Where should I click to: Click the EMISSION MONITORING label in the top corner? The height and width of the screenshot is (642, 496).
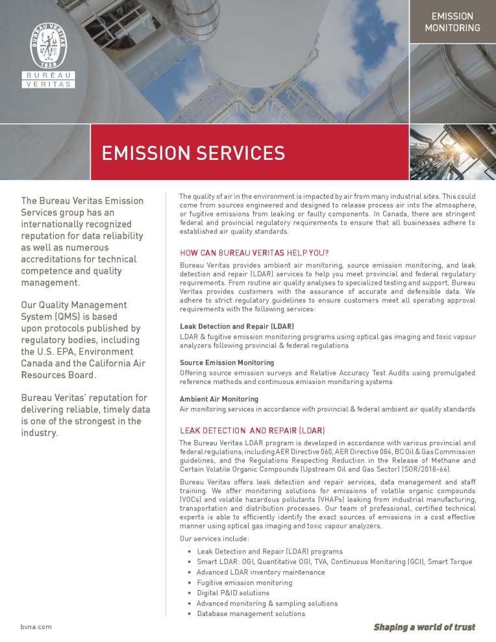452,21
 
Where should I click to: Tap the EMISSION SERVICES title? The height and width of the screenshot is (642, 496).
193,153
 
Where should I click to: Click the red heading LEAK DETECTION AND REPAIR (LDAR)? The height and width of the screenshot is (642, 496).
252,431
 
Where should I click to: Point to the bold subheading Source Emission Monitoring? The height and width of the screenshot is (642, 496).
227,363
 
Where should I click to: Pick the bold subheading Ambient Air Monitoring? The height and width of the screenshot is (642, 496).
219,399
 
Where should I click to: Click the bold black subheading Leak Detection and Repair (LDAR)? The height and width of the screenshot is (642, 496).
236,326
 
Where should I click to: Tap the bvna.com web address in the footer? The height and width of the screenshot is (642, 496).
36,627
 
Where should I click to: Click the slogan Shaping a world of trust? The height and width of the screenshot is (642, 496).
424,627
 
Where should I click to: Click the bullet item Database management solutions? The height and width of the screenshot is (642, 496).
251,613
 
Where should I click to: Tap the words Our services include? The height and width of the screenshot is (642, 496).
210,539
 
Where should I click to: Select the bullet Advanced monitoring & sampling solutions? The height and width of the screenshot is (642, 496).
267,603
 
